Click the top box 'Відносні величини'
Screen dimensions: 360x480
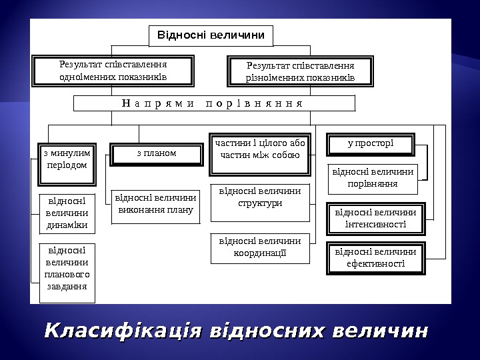pos(211,35)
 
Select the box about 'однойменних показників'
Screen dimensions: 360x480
pos(113,71)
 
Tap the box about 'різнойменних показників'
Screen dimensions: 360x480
pos(300,72)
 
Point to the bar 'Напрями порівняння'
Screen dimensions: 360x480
pos(213,103)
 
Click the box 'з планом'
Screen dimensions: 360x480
pos(156,154)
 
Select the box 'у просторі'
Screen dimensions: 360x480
pos(371,143)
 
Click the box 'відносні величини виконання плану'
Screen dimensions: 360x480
pos(156,204)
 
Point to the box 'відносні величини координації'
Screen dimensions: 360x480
pos(260,247)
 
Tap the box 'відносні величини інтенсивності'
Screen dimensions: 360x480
pos(375,219)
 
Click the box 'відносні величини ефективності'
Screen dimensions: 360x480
pos(375,258)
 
